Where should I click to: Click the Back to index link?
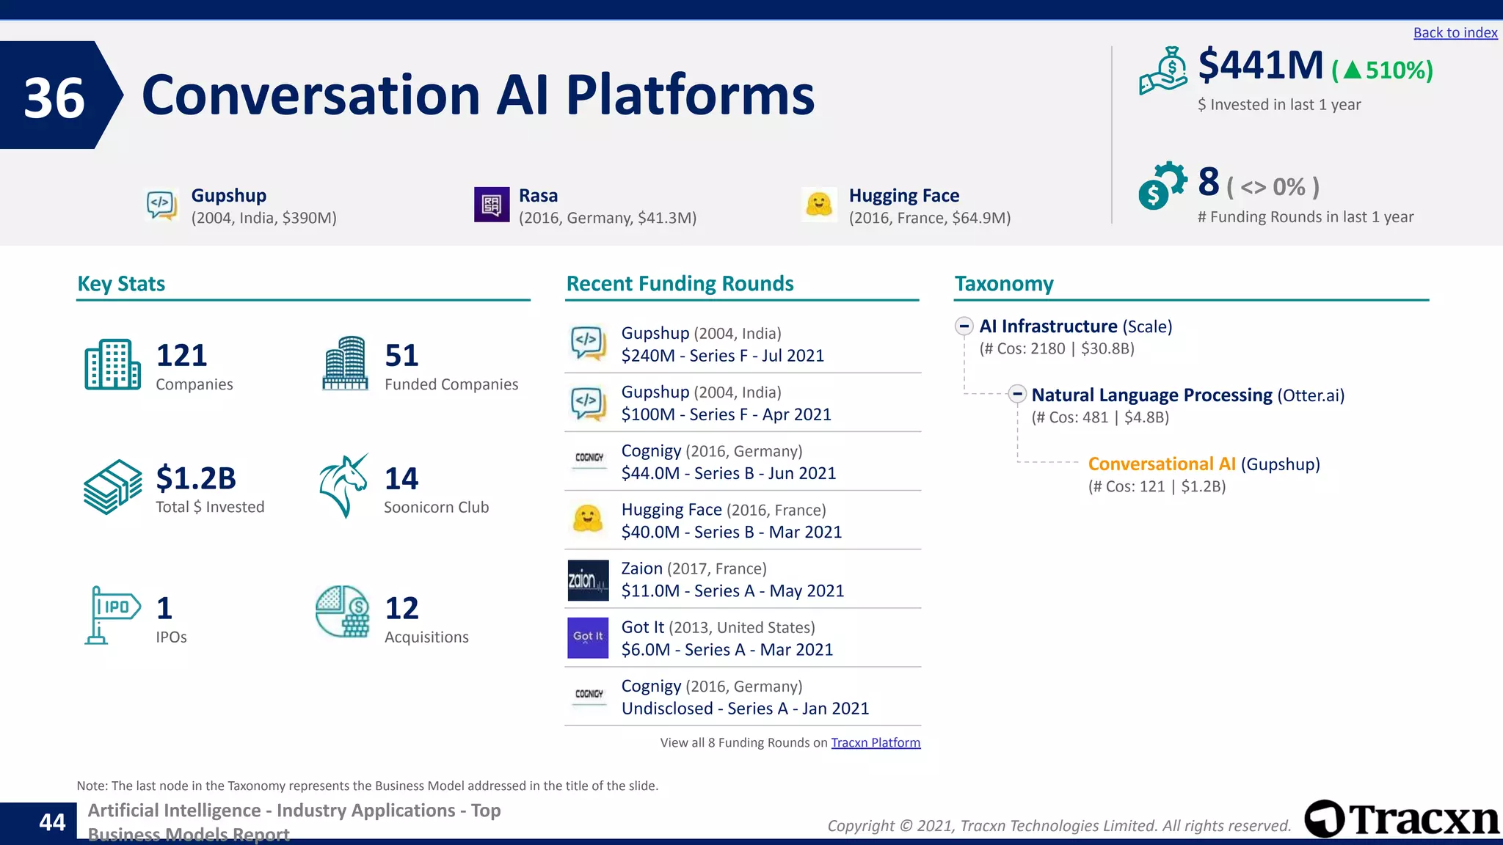(x=1455, y=33)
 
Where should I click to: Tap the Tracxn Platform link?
(x=875, y=742)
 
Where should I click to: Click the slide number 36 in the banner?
(x=54, y=98)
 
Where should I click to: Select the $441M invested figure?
(x=1260, y=65)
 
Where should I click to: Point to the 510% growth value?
(x=1398, y=70)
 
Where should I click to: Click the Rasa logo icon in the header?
(x=492, y=205)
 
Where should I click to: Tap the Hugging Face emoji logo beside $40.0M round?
(x=588, y=519)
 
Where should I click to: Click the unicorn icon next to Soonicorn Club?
(x=343, y=486)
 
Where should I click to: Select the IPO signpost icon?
(x=111, y=615)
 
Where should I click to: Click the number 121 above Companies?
(x=181, y=356)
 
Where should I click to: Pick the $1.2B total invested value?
(x=196, y=478)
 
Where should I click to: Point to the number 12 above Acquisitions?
(x=401, y=608)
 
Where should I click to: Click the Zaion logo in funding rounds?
(x=588, y=580)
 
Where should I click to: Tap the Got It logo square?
(x=588, y=637)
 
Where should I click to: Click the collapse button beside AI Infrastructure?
(x=964, y=326)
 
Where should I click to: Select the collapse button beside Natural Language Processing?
(x=1016, y=394)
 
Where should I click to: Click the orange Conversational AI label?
(x=1161, y=464)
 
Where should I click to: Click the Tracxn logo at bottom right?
(x=1401, y=819)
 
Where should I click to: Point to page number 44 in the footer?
(x=52, y=822)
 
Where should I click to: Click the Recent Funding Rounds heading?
(x=680, y=284)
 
